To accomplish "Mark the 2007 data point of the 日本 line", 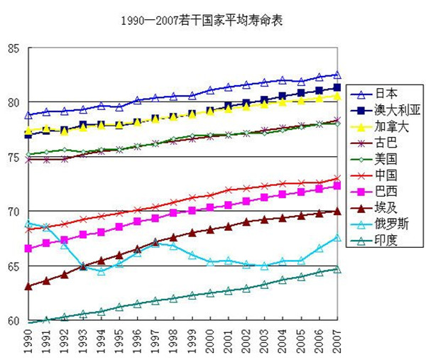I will tap(337, 75).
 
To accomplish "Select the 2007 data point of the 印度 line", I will tap(337, 270).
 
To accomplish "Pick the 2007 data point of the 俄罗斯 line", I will tap(337, 238).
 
